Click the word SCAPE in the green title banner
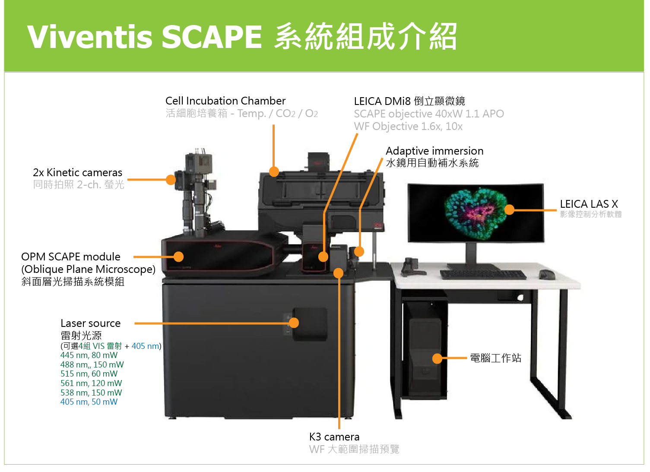click(x=212, y=37)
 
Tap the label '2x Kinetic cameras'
click(x=77, y=173)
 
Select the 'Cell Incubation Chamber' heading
click(x=225, y=101)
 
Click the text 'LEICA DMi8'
click(x=382, y=101)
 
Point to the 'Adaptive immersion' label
click(x=434, y=151)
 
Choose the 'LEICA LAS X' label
click(x=589, y=204)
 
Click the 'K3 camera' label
click(x=334, y=437)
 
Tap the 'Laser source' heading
click(x=91, y=323)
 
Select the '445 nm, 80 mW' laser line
click(x=89, y=355)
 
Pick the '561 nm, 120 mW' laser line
click(x=91, y=383)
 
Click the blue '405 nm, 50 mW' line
click(x=89, y=402)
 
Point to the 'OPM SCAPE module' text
click(x=71, y=257)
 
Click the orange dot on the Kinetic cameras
click(x=171, y=180)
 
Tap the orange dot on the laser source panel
click(x=294, y=323)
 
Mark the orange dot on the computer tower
click(x=438, y=358)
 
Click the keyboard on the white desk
click(x=483, y=275)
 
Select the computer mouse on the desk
click(x=547, y=275)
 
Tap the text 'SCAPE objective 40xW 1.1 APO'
click(x=429, y=114)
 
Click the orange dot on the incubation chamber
click(x=274, y=172)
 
